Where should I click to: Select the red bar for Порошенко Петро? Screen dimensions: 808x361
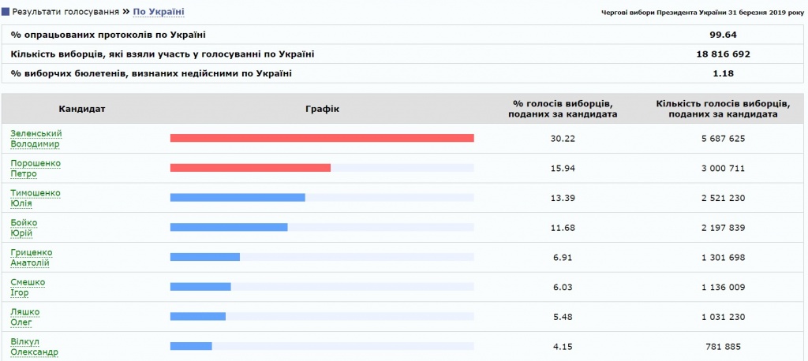(x=250, y=168)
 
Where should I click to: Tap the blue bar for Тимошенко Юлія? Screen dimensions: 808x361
(x=238, y=198)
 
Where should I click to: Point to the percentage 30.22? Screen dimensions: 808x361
(x=562, y=139)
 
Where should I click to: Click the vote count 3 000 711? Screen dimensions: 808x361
(x=723, y=169)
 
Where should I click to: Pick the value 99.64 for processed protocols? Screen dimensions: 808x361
(x=724, y=35)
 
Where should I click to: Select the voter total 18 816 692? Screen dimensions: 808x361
(x=724, y=54)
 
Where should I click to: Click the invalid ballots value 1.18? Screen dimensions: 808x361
(x=724, y=73)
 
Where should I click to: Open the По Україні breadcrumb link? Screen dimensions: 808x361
(x=158, y=11)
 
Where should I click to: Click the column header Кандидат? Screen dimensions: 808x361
(x=82, y=109)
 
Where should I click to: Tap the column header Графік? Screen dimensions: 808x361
(x=322, y=109)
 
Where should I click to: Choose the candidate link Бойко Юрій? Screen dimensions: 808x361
(x=24, y=228)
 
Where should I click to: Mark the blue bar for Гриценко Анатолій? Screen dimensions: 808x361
(x=205, y=257)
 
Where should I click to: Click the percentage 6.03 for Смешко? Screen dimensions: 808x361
(x=562, y=287)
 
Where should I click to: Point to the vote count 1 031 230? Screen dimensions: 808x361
(x=723, y=317)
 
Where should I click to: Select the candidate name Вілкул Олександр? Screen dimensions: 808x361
(x=34, y=347)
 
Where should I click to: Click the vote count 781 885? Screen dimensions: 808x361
(x=723, y=347)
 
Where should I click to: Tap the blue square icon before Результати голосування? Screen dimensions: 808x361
(x=6, y=11)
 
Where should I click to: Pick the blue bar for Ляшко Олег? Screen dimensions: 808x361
(x=198, y=316)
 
